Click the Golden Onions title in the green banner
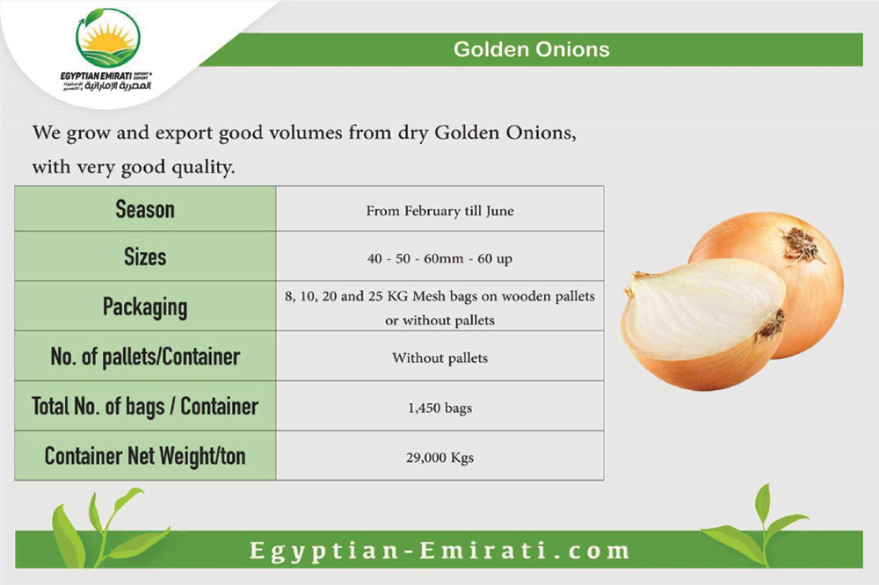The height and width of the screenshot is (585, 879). [x=532, y=49]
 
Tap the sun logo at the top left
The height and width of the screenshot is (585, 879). [x=107, y=38]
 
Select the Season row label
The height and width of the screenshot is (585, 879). [x=145, y=209]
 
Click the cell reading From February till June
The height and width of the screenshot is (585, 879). [x=440, y=211]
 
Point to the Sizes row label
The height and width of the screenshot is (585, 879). [x=145, y=256]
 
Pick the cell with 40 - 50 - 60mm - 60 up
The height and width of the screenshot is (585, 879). [x=440, y=258]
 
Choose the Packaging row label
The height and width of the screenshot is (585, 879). [x=145, y=307]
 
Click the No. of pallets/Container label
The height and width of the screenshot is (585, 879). [x=145, y=357]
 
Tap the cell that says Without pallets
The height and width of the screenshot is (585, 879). [x=440, y=357]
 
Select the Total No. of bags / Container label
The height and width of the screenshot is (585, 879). [x=145, y=406]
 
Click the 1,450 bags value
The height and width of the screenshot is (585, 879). [x=440, y=408]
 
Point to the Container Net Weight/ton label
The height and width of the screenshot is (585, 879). [x=145, y=456]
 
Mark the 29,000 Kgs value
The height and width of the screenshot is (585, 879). [x=440, y=458]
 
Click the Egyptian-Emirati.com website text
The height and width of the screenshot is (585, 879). [x=440, y=550]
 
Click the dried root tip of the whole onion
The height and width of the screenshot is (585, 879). [x=803, y=244]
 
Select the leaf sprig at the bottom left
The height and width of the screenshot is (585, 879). [x=106, y=527]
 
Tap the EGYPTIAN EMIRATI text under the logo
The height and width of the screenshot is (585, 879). [x=96, y=76]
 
